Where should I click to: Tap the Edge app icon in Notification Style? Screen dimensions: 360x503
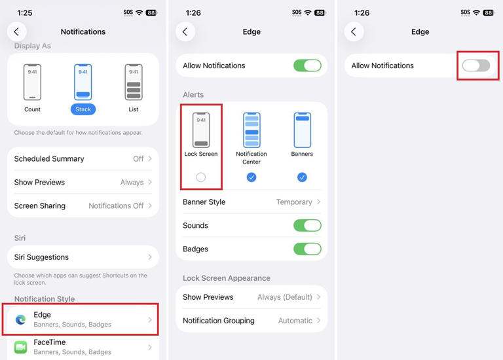coord(21,320)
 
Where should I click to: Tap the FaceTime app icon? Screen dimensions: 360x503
coord(21,347)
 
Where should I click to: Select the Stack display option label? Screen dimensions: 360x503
coord(83,109)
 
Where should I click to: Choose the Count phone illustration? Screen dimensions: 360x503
coord(32,82)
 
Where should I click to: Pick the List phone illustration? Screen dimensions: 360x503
coord(134,82)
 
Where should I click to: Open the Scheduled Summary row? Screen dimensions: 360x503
coord(83,158)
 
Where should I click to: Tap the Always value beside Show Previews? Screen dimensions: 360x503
coord(132,183)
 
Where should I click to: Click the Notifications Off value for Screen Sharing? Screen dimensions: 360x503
coord(116,206)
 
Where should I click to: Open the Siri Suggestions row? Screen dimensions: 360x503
coord(83,257)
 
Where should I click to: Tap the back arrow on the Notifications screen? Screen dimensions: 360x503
coord(16,31)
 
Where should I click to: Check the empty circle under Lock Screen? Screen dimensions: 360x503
coord(201,177)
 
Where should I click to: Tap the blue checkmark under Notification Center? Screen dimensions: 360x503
coord(251,177)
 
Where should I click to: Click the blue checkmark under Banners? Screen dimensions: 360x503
coord(302,177)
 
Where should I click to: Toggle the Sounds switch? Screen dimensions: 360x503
coord(307,225)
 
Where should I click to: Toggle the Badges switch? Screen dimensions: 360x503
coord(307,249)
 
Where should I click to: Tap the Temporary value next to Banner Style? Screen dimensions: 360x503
coord(294,202)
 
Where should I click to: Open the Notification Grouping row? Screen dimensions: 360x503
coord(251,321)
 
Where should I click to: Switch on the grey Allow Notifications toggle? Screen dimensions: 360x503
coord(475,65)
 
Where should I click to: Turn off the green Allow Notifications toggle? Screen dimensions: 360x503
coord(307,65)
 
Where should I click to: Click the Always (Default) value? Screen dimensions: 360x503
coord(284,297)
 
